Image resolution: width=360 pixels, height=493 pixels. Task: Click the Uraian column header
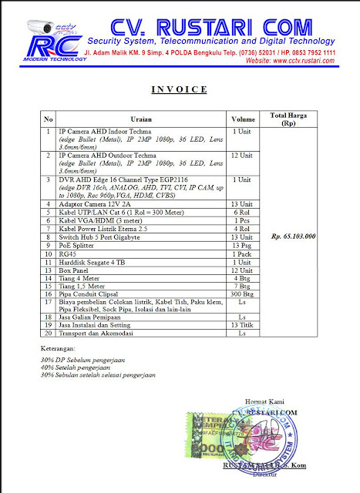click(x=141, y=119)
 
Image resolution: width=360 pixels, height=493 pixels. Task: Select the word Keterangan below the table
click(x=62, y=348)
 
